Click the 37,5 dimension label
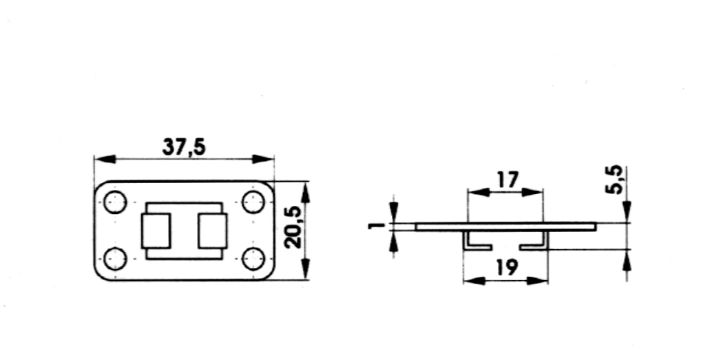[184, 147]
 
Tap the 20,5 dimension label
[293, 227]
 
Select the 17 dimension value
[507, 180]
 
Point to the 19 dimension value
[507, 267]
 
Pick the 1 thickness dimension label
[377, 226]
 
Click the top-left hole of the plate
[115, 202]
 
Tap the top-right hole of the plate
[253, 202]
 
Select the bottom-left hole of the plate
[115, 259]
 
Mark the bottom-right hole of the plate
[253, 259]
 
